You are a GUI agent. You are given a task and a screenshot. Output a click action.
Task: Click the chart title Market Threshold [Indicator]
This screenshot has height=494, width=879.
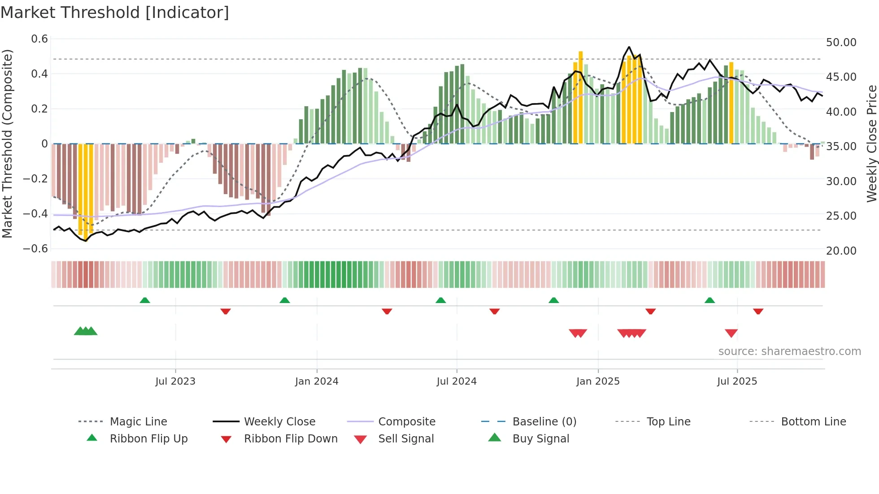point(115,13)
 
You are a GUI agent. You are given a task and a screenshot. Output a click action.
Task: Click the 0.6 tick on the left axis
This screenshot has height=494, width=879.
point(39,39)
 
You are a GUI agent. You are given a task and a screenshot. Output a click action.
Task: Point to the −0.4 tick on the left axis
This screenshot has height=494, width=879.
point(35,213)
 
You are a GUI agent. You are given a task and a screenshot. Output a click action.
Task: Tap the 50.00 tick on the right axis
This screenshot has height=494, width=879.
point(841,42)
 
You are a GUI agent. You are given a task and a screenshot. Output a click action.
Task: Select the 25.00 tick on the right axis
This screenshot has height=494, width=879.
point(841,216)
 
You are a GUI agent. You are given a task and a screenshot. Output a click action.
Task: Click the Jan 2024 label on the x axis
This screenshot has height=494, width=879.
point(317,381)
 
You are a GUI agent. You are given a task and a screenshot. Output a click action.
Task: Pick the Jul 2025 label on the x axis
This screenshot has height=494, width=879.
point(737,381)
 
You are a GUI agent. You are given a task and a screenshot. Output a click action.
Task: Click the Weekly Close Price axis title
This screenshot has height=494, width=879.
point(871,143)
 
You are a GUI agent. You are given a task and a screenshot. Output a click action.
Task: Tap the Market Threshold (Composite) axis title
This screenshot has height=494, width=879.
point(7,143)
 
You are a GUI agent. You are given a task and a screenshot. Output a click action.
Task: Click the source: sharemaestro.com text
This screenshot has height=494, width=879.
point(789,351)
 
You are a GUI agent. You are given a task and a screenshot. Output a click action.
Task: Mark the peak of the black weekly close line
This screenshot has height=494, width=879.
point(629,47)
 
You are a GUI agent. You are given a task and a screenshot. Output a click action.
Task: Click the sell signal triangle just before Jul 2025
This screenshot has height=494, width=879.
point(731,333)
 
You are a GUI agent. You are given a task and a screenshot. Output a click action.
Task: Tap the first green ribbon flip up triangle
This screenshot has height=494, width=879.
point(144,300)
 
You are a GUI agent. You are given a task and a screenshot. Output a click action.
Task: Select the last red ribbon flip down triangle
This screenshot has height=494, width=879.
point(758,311)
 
